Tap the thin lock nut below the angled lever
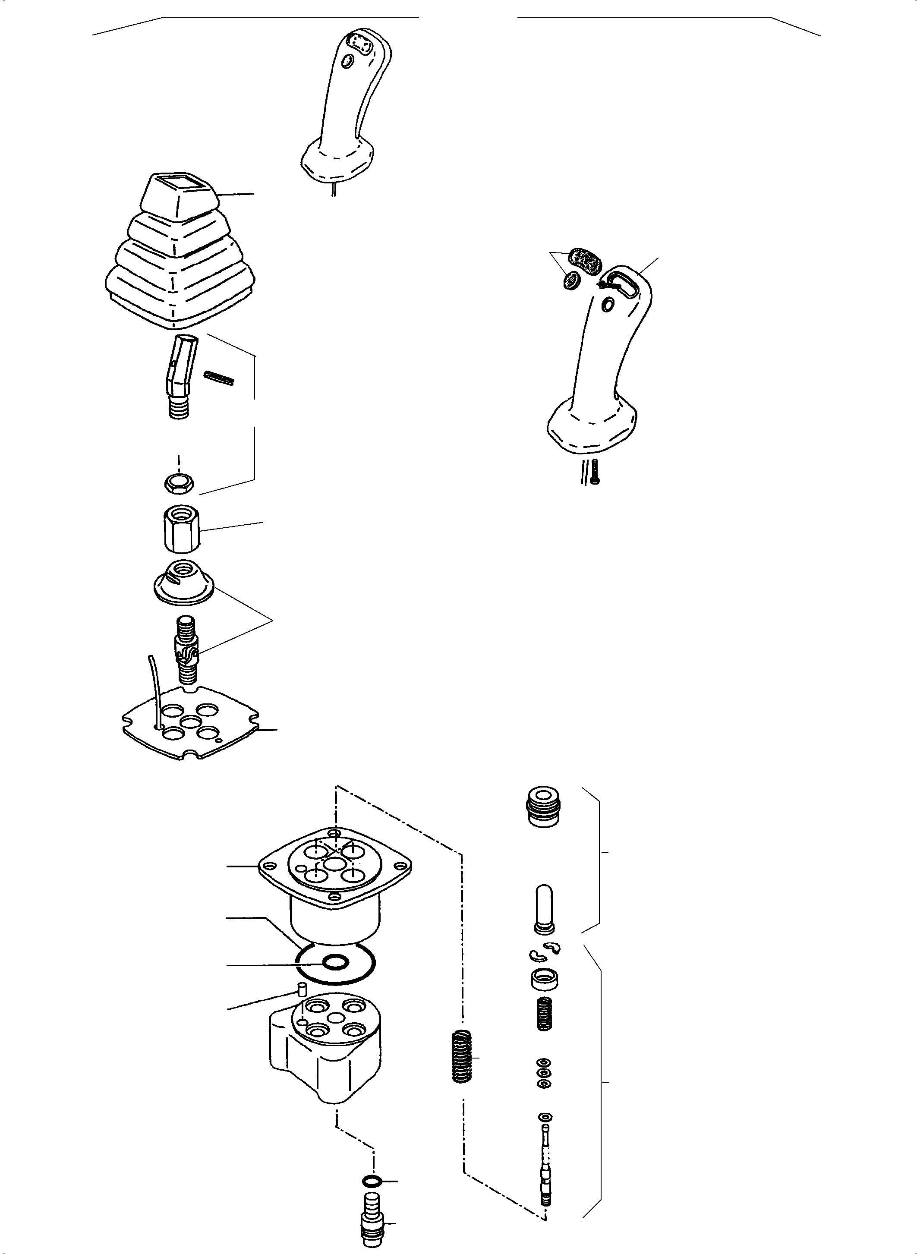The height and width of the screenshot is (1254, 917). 179,483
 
